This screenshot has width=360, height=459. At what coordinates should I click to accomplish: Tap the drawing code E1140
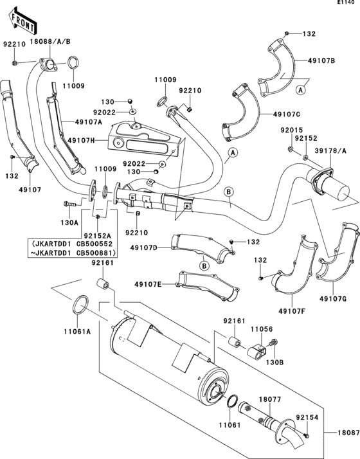(x=345, y=4)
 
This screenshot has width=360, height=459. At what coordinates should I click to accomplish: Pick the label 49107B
(x=321, y=61)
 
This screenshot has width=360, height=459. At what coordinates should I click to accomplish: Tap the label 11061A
(x=77, y=333)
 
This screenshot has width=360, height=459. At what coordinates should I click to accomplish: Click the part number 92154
(x=307, y=417)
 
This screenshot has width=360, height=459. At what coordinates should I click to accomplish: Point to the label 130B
(x=274, y=363)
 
